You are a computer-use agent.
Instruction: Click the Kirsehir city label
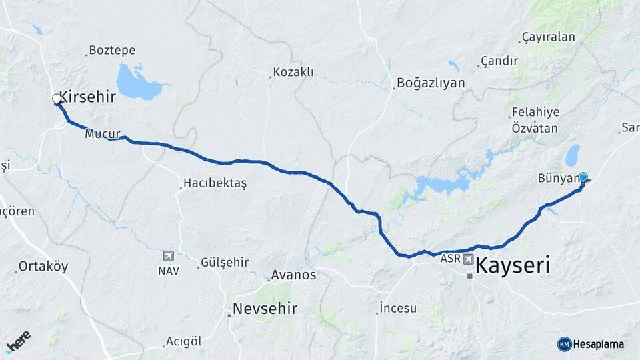[x=87, y=97]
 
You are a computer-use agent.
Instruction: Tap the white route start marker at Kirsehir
[x=57, y=99]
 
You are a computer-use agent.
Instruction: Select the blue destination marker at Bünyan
[x=583, y=177]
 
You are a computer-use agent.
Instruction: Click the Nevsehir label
[x=265, y=309]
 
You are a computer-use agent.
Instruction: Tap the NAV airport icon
[x=168, y=256]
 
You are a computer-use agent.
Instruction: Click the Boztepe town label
[x=112, y=51]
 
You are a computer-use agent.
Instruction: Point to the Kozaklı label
[x=293, y=72]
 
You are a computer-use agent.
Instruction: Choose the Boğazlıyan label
[x=431, y=83]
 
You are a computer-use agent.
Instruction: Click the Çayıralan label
[x=548, y=37]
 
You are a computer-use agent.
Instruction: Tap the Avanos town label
[x=293, y=275]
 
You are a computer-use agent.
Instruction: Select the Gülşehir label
[x=225, y=262]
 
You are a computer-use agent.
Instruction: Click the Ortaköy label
[x=43, y=267]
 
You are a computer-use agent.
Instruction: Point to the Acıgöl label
[x=183, y=341]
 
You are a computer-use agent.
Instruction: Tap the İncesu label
[x=398, y=308]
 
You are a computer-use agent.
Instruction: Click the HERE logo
[x=18, y=341]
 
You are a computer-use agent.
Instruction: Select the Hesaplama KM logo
[x=591, y=344]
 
